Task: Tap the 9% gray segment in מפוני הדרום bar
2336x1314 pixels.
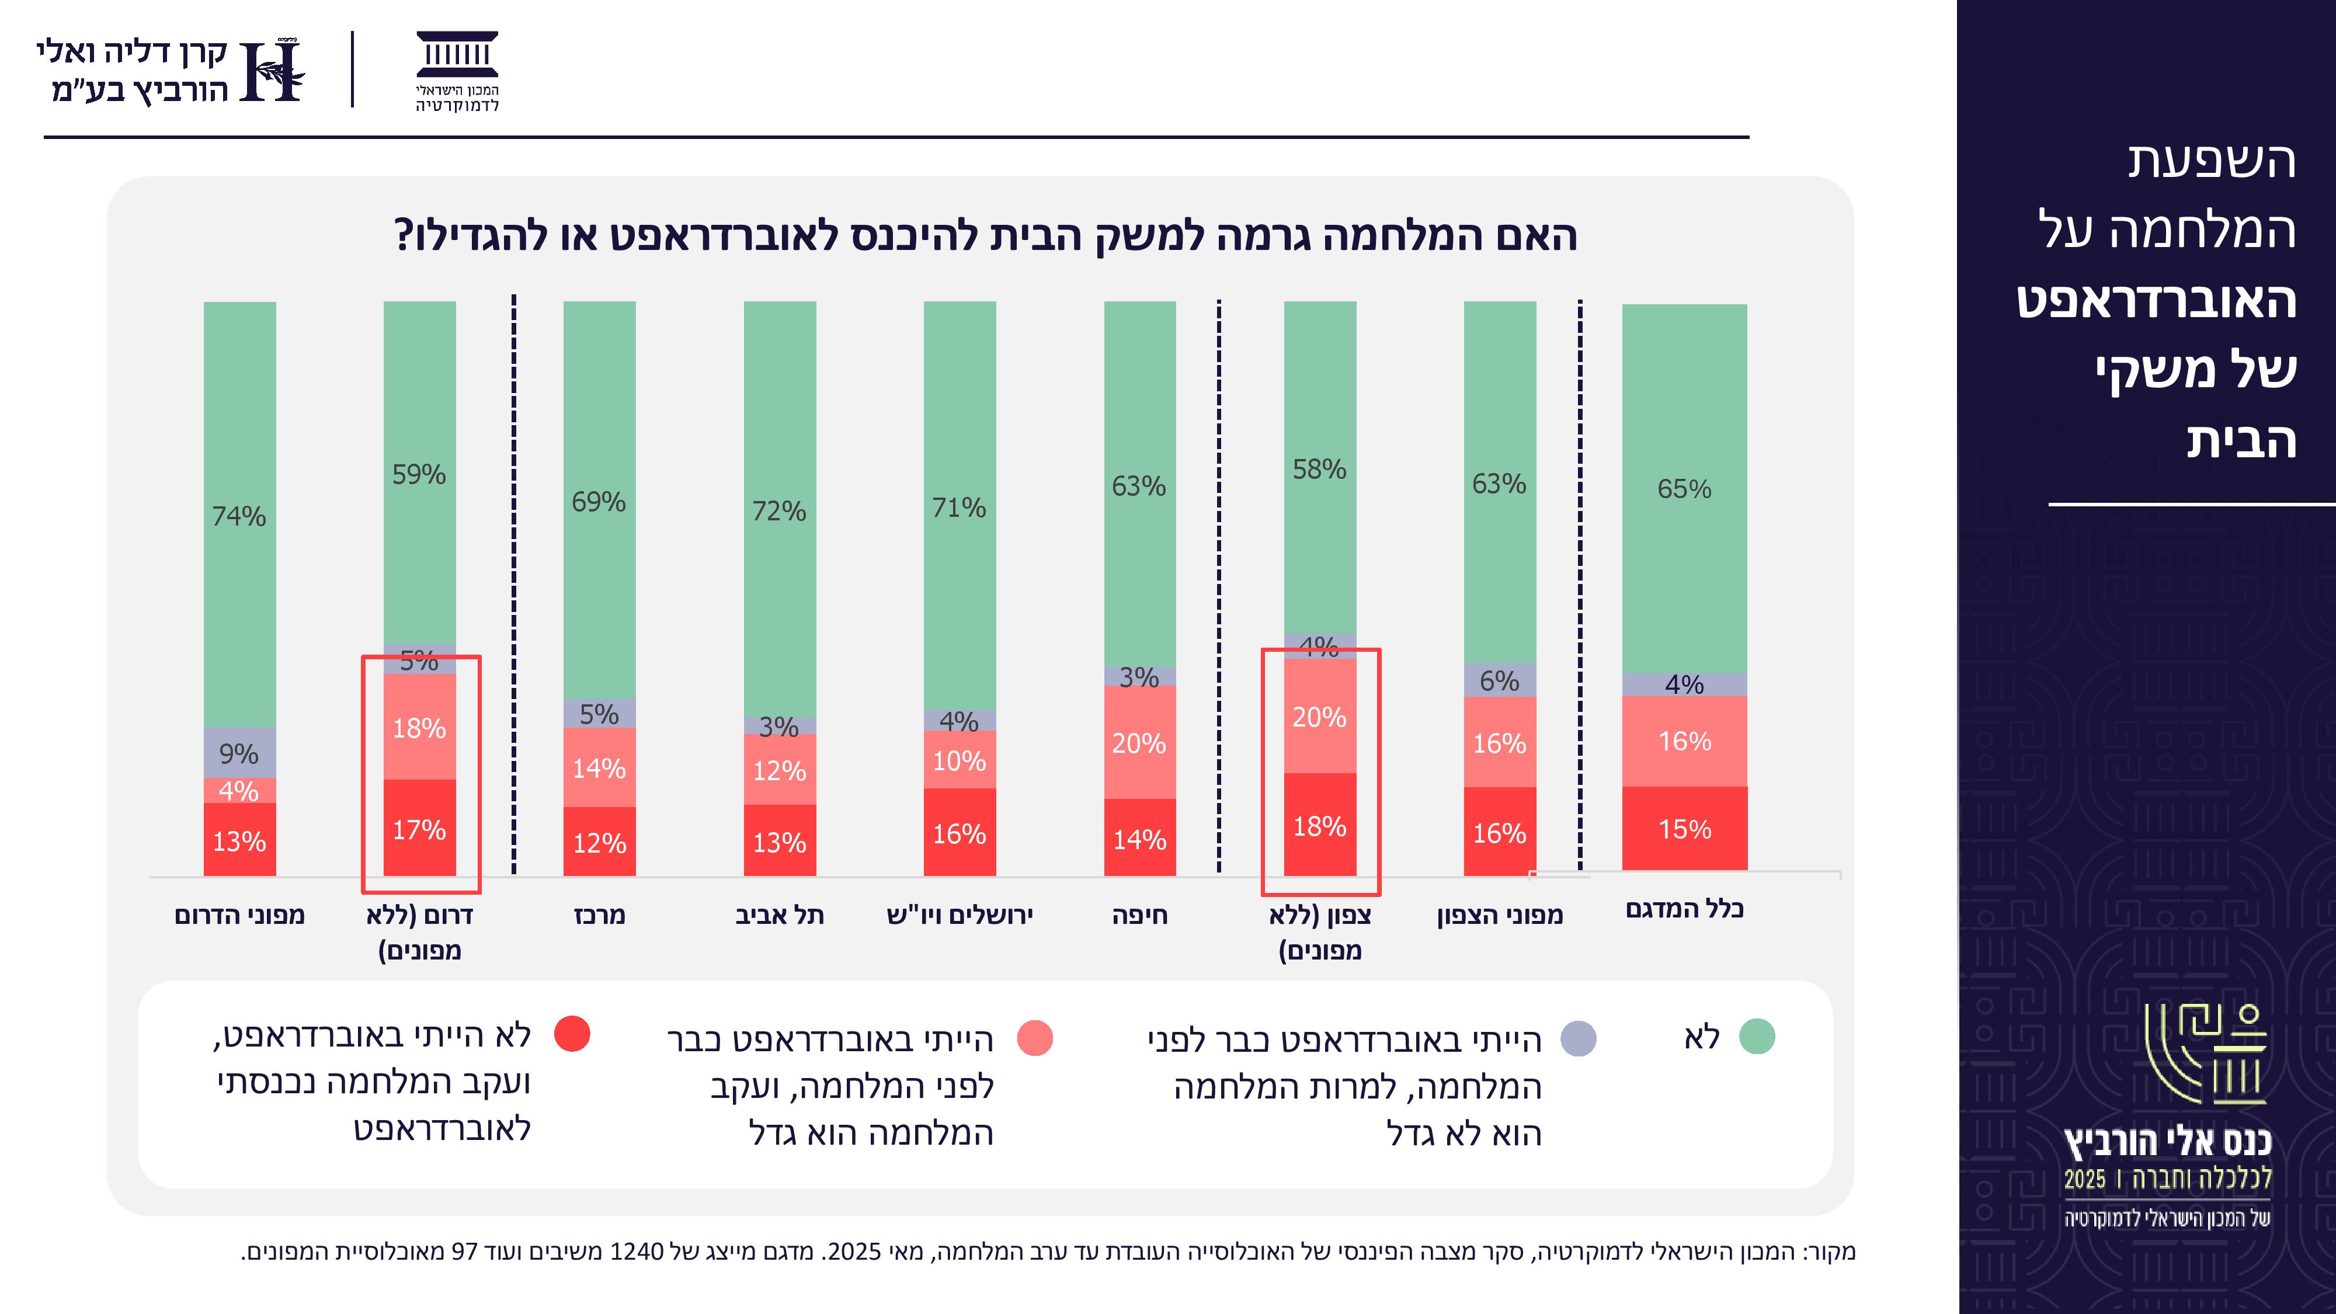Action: [239, 753]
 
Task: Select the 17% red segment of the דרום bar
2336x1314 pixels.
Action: [419, 828]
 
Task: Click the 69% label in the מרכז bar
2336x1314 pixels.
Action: [599, 502]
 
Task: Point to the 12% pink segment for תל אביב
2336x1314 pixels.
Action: [779, 770]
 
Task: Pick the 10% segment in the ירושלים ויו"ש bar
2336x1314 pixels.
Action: [960, 760]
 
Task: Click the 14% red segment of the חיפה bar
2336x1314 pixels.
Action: [1139, 838]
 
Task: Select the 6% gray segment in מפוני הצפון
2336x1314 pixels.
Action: [1499, 680]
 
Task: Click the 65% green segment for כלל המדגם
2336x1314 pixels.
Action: [1684, 489]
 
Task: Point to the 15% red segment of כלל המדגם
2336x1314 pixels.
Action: [1684, 828]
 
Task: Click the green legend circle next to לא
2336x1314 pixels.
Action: [1757, 1037]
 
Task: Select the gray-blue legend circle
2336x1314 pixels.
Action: [1578, 1038]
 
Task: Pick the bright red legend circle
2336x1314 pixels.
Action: [572, 1034]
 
